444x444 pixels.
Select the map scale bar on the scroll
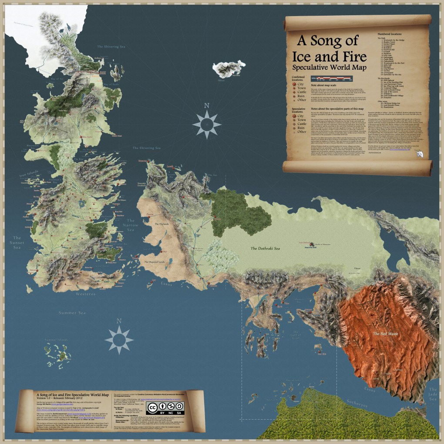click(334, 78)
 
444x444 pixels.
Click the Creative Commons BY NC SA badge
click(165, 407)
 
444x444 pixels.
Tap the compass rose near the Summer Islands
click(119, 337)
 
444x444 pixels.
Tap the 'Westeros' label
click(85, 293)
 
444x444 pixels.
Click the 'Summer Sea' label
click(74, 312)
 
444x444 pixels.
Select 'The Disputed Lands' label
click(155, 262)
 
